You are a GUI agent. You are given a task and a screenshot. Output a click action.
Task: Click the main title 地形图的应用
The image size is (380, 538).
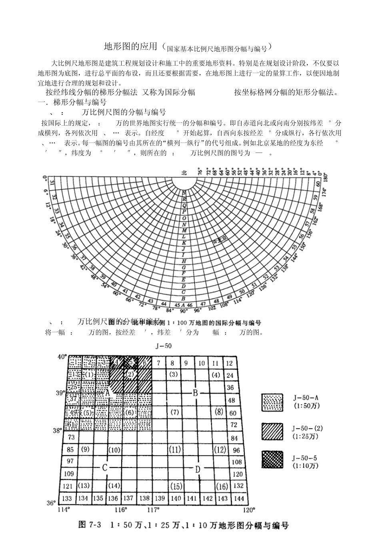(x=130, y=47)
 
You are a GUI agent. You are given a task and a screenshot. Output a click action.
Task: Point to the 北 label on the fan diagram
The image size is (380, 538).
(x=184, y=173)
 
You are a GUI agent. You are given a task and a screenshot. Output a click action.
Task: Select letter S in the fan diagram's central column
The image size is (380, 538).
(x=184, y=193)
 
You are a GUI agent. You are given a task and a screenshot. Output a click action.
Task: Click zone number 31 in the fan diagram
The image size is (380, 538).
(x=52, y=183)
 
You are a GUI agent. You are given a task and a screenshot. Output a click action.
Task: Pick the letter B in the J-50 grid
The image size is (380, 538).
(x=195, y=393)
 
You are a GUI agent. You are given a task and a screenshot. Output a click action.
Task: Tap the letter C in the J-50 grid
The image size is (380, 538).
(x=104, y=467)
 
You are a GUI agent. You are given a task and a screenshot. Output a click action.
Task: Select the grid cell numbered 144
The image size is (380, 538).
(x=238, y=498)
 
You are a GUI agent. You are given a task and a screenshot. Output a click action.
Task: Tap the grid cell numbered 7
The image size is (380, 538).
(x=159, y=363)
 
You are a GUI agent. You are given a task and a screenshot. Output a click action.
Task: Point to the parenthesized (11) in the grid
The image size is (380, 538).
(x=174, y=449)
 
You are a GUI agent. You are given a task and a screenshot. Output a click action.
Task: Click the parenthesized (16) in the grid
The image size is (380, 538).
(x=222, y=486)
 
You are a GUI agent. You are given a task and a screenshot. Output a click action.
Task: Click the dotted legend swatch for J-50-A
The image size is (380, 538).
(x=272, y=402)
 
